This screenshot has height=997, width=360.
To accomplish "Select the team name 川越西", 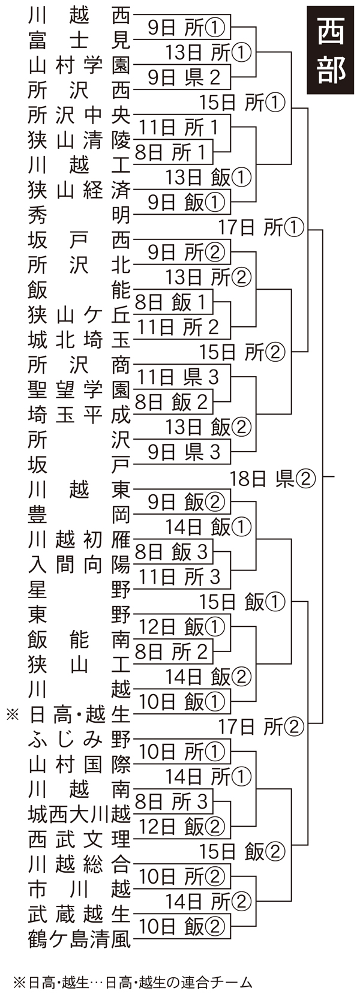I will point(79,14).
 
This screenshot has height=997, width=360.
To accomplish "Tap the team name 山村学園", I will point(79,64).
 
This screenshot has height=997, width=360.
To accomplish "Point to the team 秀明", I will point(79,214).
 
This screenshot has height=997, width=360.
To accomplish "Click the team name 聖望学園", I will point(79,389).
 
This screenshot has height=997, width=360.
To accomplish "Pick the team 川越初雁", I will point(79,539).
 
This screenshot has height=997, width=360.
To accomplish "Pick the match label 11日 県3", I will point(179,377).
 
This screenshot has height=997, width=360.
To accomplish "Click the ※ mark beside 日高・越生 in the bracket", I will point(12,714).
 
